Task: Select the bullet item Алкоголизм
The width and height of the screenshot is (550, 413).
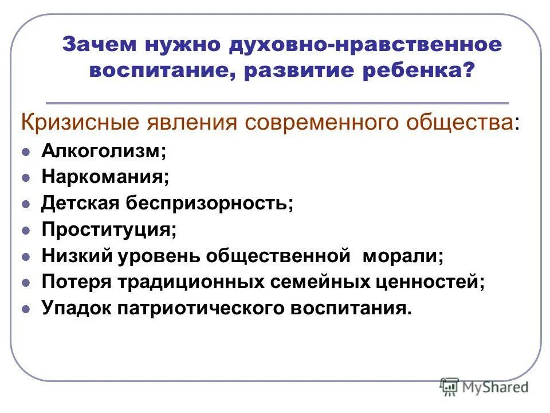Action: [x=104, y=151]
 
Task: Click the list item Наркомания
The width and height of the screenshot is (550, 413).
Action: [x=105, y=177]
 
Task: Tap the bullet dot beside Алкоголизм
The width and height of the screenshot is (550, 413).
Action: [x=25, y=153]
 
